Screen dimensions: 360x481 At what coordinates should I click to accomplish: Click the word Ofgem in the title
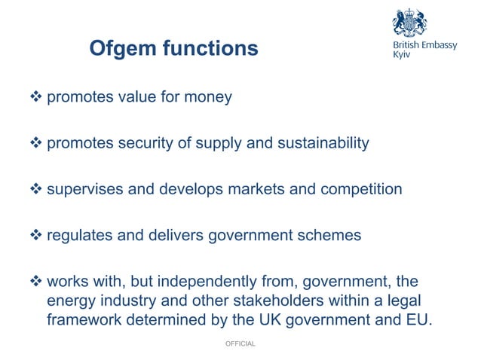pos(121,49)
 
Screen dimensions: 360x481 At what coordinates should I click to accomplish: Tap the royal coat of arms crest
pos(409,23)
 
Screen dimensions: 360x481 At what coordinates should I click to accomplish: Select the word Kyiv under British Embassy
pos(403,57)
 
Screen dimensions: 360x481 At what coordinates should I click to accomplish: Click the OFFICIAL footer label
pos(240,343)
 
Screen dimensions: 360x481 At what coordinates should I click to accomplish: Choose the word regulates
pos(77,235)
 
